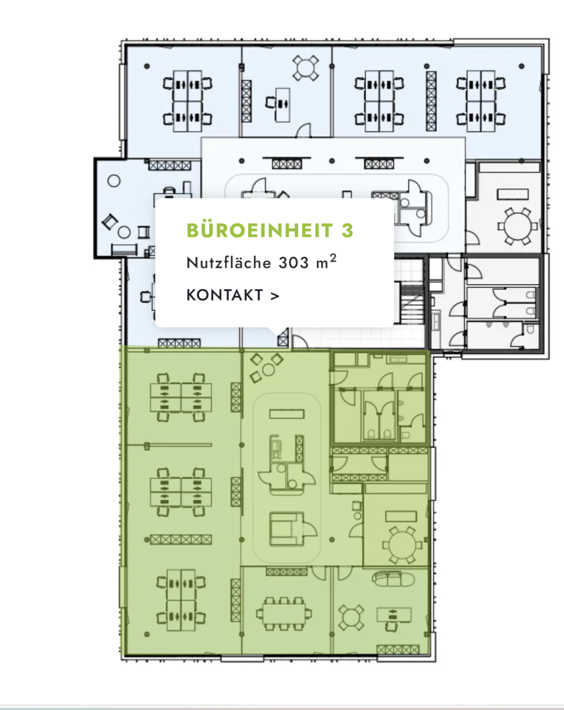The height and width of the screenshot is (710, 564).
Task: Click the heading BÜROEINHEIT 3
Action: pyautogui.click(x=270, y=230)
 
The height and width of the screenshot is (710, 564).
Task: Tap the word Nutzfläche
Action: pyautogui.click(x=229, y=262)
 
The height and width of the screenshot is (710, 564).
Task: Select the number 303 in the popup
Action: pyautogui.click(x=294, y=262)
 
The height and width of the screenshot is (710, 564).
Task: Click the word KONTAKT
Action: pyautogui.click(x=224, y=295)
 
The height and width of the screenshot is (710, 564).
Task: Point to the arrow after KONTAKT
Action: pyautogui.click(x=274, y=296)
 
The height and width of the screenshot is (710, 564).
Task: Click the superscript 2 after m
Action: pyautogui.click(x=333, y=258)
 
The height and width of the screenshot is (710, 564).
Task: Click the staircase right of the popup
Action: pyautogui.click(x=412, y=302)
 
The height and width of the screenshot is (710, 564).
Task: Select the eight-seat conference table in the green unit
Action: pyautogui.click(x=284, y=613)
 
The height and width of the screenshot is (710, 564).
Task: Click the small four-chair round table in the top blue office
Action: pyautogui.click(x=305, y=68)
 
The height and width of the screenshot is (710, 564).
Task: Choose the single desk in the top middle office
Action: pyautogui.click(x=282, y=104)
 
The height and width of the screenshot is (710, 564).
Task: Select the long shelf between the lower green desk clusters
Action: pyautogui.click(x=181, y=540)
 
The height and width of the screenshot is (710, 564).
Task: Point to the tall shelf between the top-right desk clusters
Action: pyautogui.click(x=430, y=101)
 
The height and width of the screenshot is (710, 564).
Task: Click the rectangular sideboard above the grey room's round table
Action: pyautogui.click(x=513, y=194)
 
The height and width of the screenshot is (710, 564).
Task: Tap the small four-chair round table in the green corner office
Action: pyautogui.click(x=351, y=617)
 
